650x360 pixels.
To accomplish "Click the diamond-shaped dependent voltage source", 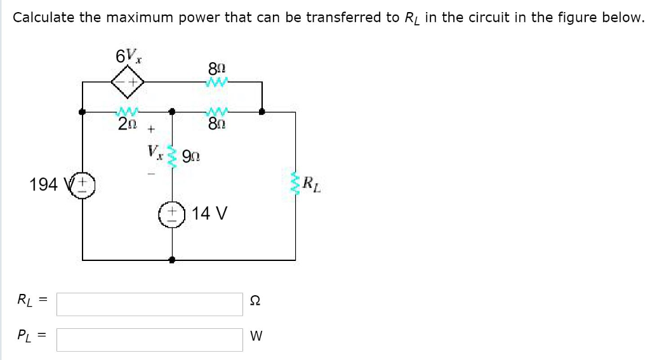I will [x=127, y=81].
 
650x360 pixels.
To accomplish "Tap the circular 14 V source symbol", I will [x=172, y=213].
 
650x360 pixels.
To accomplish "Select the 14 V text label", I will [x=209, y=213].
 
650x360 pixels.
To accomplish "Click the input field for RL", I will [x=149, y=304].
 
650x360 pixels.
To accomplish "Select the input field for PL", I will [x=149, y=340].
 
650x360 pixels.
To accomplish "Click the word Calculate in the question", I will [x=44, y=17].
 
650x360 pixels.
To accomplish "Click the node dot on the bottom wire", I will [x=172, y=260].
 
